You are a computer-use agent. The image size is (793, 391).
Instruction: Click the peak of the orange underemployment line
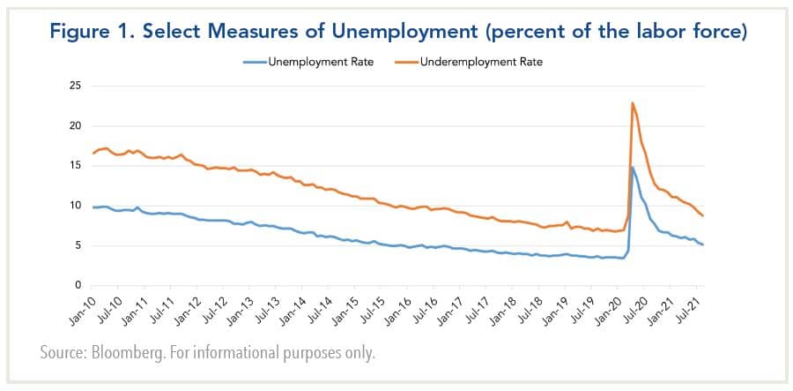pyautogui.click(x=633, y=103)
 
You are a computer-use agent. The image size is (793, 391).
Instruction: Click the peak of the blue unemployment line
pyautogui.click(x=632, y=167)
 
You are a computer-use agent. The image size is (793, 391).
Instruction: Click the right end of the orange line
pyautogui.click(x=702, y=215)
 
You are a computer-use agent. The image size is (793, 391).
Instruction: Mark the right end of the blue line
pyautogui.click(x=702, y=244)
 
